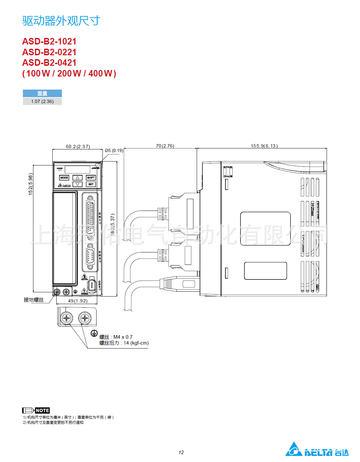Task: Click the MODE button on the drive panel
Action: coord(64,178)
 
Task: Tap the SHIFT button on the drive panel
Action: coord(91,178)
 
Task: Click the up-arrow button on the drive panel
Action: coord(78,178)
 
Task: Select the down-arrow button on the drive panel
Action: coord(78,184)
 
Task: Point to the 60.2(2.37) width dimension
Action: coord(78,146)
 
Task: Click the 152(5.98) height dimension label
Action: coord(31,184)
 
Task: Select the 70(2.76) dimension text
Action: coord(165,146)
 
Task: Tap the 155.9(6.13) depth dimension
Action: coord(264,146)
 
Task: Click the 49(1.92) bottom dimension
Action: coord(78,301)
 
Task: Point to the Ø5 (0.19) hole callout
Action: coord(114,150)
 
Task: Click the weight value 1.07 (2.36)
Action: coord(42,101)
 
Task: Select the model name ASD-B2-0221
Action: coord(49,52)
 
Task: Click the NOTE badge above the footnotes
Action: coord(42,410)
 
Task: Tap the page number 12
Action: coord(181,453)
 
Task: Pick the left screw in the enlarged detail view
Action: coord(67,317)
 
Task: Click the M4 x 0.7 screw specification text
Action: coord(123,337)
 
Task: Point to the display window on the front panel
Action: coord(77,169)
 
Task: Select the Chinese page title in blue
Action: coord(61,21)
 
